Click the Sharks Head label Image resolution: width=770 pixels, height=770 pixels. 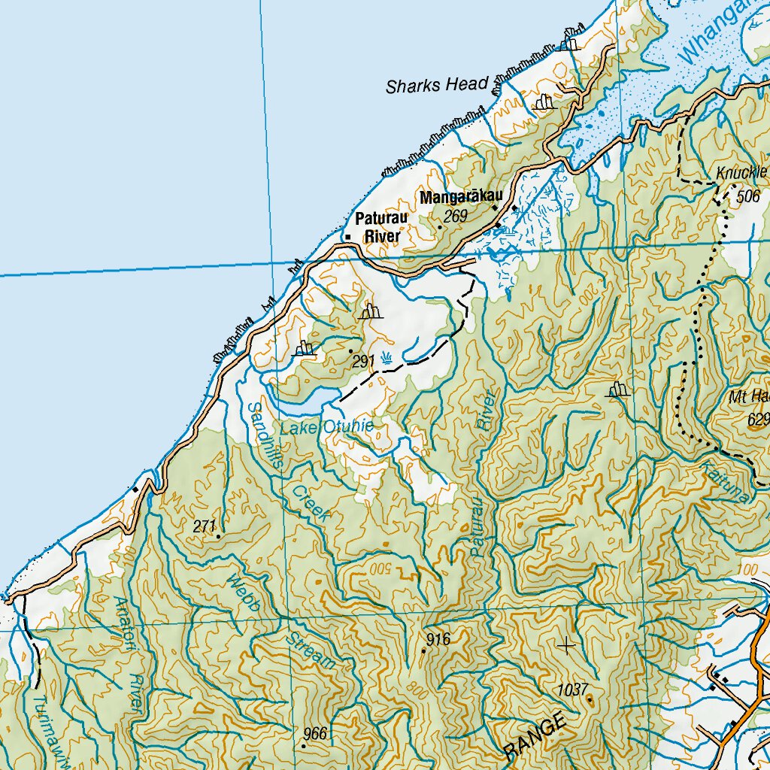click(437, 85)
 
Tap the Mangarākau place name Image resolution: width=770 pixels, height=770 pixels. click(460, 199)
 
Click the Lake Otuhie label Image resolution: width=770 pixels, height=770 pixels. click(326, 428)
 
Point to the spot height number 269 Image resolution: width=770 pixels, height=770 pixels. click(455, 217)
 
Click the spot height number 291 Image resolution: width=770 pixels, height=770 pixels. click(363, 362)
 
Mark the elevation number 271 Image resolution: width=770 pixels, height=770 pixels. click(205, 526)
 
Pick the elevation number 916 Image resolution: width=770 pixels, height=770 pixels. click(438, 640)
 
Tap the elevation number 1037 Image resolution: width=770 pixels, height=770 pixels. click(572, 689)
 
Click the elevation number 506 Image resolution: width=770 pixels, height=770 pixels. click(748, 197)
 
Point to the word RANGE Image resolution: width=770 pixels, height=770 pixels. click(535, 736)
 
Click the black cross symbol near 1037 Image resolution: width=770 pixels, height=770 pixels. click(566, 644)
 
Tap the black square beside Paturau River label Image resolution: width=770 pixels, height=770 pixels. click(347, 238)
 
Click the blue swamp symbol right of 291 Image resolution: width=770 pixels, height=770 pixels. click(387, 358)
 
